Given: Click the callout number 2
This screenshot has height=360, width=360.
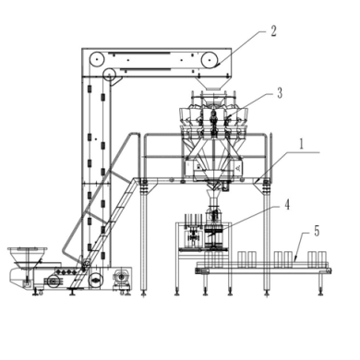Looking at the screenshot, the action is (273, 31).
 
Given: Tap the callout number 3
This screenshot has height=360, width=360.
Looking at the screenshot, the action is (280, 93).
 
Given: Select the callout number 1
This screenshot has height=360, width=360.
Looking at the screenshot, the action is (302, 144).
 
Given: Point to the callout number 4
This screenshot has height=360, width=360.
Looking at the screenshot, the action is (287, 205).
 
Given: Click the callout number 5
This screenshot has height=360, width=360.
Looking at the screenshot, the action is (317, 232).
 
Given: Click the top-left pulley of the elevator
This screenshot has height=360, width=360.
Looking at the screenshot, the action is (97, 59).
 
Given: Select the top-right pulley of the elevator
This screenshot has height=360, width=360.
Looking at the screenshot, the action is (209, 59).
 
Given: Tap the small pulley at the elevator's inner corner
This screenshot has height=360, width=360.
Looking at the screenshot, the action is (109, 74).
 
